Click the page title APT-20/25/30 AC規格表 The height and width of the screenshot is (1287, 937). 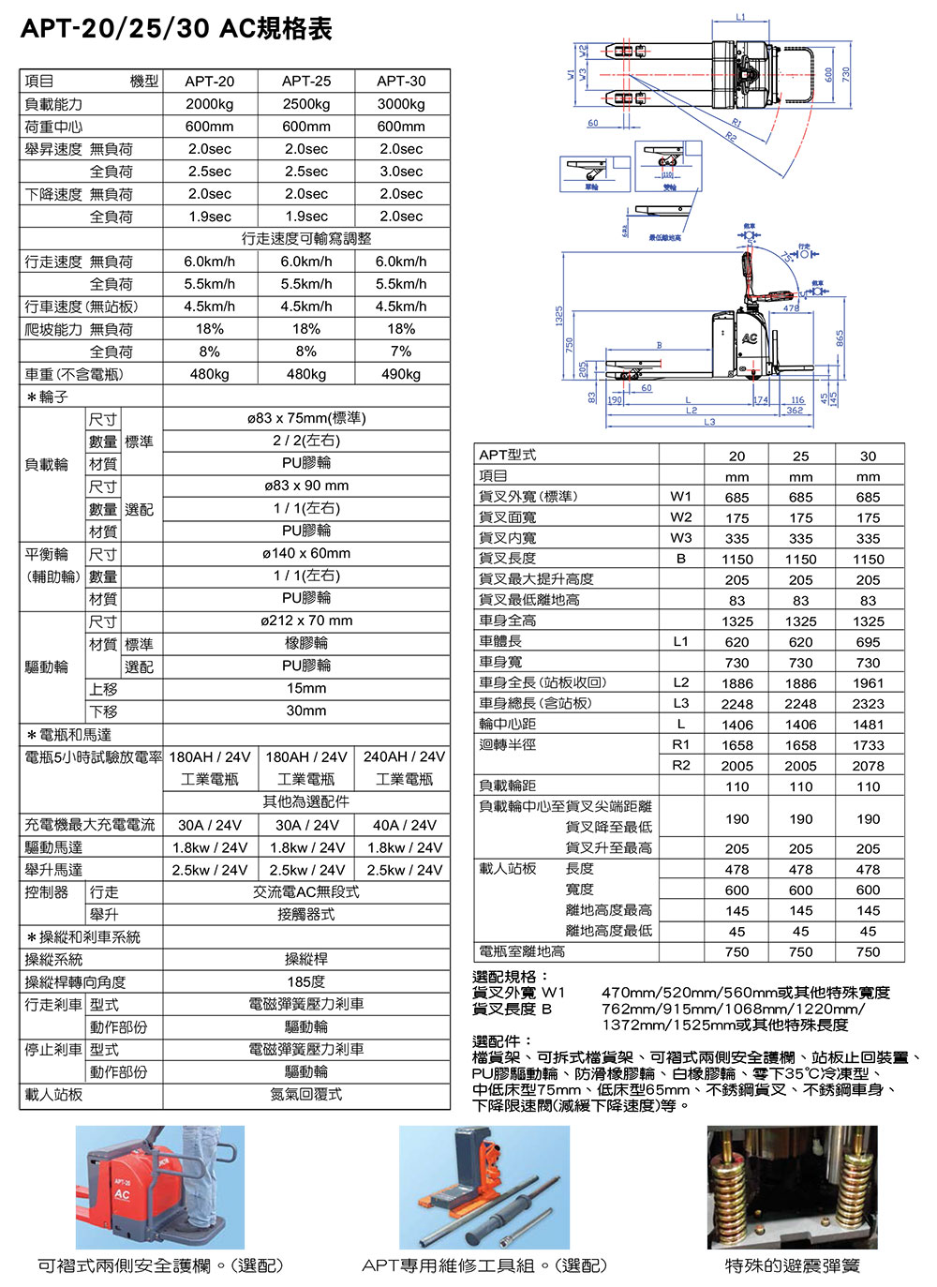coord(176,29)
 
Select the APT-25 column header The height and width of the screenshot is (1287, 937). coord(306,82)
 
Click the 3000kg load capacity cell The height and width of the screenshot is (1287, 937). coord(401,104)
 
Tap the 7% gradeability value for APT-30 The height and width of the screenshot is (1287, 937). coord(401,352)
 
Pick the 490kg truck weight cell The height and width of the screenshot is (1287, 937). coord(401,374)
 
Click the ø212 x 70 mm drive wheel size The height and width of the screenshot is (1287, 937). coord(306,621)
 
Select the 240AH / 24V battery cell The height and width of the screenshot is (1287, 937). coord(404,756)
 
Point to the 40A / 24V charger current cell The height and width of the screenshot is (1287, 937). coord(404,825)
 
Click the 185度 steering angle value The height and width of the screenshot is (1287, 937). coord(306,981)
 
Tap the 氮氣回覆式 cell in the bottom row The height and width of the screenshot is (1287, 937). coord(306,1094)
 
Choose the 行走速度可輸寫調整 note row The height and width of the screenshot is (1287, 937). coord(306,239)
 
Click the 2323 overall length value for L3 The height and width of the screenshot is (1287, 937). coord(868,704)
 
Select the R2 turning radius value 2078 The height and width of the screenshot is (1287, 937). coord(868,766)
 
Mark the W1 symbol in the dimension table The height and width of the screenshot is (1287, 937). coord(681,497)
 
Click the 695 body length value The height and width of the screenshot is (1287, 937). coord(868,642)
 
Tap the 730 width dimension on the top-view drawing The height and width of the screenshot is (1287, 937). coord(845,72)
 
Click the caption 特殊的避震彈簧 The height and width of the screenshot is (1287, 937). coord(792,1265)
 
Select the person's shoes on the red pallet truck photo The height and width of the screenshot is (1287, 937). coord(201,1221)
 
